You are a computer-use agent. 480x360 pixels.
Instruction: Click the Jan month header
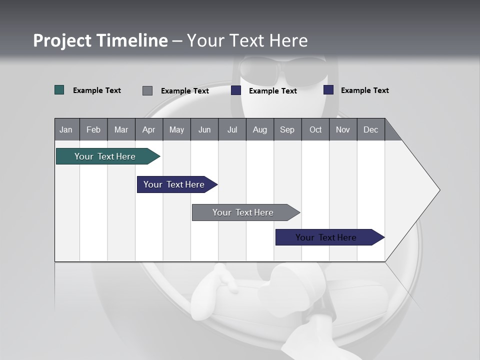tap(66, 129)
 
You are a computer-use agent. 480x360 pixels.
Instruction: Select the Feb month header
tap(93, 129)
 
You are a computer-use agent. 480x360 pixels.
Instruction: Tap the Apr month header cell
tap(149, 129)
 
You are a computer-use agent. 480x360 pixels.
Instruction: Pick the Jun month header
tap(204, 129)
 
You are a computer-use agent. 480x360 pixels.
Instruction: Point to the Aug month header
tap(260, 129)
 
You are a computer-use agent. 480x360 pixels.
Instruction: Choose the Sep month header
tap(287, 129)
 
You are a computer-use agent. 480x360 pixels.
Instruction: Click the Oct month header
tap(315, 129)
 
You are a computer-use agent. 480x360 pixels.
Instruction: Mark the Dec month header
tap(371, 129)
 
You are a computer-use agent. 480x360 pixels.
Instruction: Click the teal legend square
tap(59, 90)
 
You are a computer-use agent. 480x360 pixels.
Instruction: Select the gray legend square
tap(147, 90)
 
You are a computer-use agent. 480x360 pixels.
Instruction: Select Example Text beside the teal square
tap(97, 90)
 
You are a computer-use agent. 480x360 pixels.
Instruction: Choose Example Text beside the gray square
tap(185, 91)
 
